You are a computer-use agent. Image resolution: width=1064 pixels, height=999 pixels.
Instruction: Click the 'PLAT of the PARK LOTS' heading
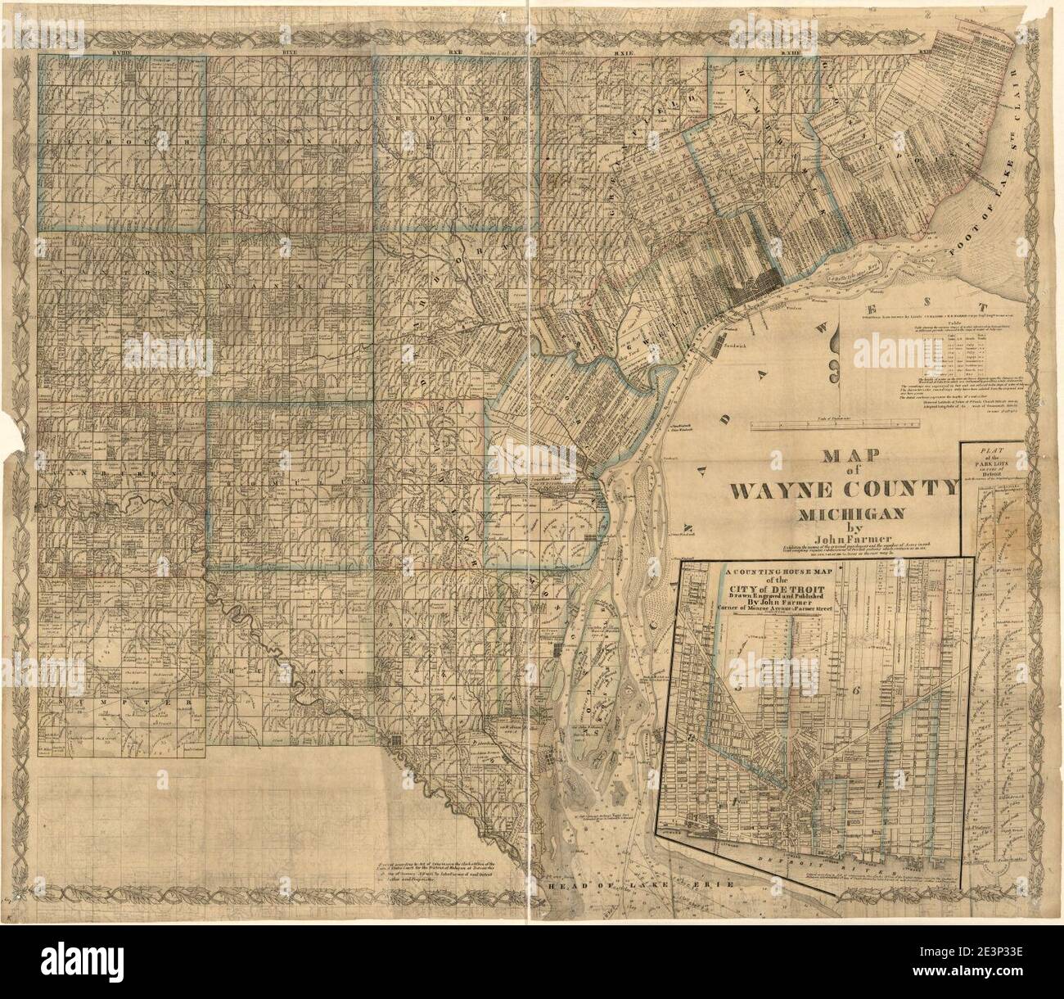point(991,463)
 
